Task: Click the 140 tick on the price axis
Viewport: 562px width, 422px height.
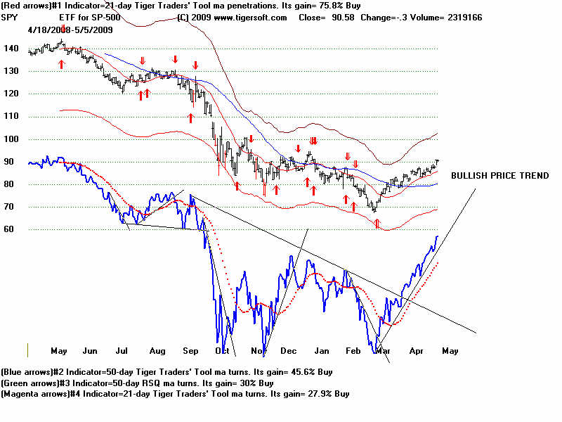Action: (x=11, y=49)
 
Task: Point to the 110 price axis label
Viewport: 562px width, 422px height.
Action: (x=11, y=116)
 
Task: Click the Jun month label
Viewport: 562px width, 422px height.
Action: (x=91, y=350)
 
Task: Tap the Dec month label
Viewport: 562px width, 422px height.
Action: (x=289, y=350)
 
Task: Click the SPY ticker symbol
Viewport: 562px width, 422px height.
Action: (x=11, y=18)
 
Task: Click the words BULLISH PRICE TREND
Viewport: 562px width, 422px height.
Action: (x=499, y=176)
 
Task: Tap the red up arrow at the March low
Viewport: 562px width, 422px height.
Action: (x=377, y=224)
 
